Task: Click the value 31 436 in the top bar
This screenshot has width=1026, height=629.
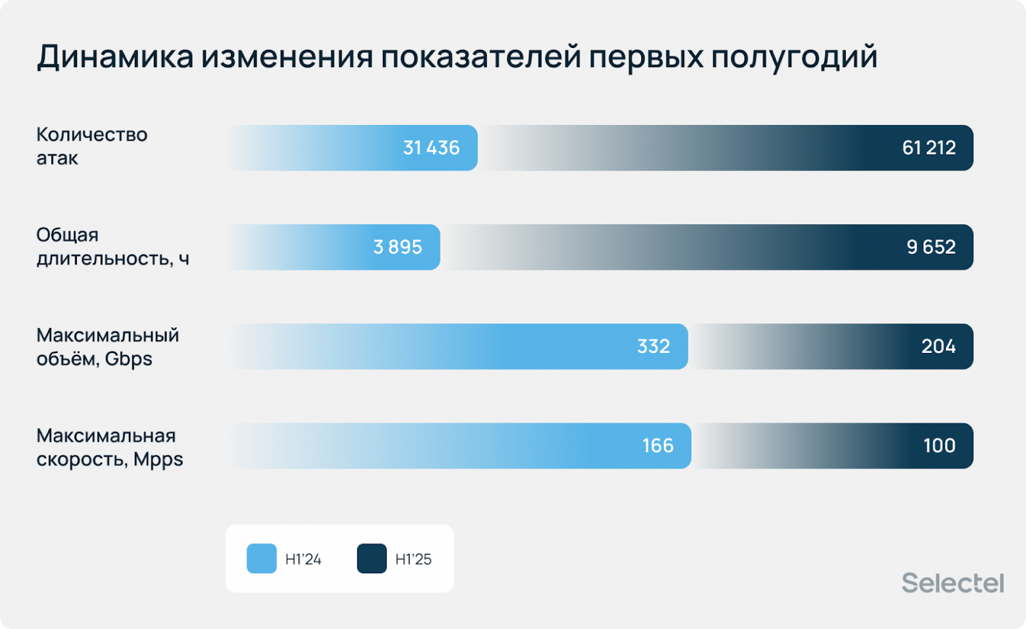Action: pyautogui.click(x=431, y=148)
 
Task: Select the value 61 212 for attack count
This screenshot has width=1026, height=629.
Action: pyautogui.click(x=928, y=148)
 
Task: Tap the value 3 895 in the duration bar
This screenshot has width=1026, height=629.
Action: pyautogui.click(x=397, y=247)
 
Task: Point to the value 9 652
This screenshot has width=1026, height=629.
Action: pyautogui.click(x=931, y=247)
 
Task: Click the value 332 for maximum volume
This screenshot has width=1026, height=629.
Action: pyautogui.click(x=653, y=346)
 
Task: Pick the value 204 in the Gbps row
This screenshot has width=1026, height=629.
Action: pyautogui.click(x=938, y=346)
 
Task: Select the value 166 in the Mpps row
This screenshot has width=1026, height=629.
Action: pyautogui.click(x=658, y=446)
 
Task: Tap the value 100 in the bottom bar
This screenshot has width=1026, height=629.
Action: pyautogui.click(x=939, y=446)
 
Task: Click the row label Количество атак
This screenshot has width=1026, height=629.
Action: pyautogui.click(x=91, y=147)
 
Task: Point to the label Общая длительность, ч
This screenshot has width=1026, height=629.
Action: pyautogui.click(x=112, y=246)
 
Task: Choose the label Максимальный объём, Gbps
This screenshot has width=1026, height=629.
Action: pyautogui.click(x=107, y=346)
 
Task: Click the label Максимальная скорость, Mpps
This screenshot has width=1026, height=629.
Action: pyautogui.click(x=109, y=447)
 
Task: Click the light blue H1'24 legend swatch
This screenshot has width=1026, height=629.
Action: pyautogui.click(x=261, y=559)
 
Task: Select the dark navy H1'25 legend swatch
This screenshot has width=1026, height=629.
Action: pyautogui.click(x=372, y=559)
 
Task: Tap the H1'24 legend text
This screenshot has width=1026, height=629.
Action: pyautogui.click(x=303, y=559)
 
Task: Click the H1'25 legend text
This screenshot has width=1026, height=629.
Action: pyautogui.click(x=413, y=559)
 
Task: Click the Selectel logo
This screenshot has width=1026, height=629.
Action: pyautogui.click(x=952, y=583)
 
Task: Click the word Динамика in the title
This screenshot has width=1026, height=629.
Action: pyautogui.click(x=115, y=57)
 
